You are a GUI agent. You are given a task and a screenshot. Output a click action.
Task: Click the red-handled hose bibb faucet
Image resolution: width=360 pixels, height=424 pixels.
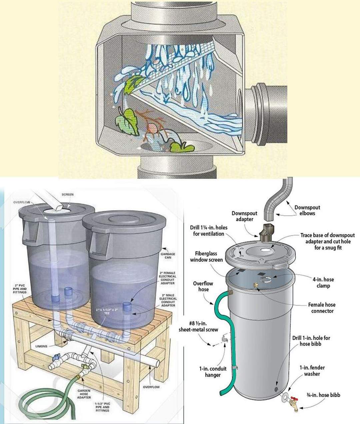(x=294, y=404)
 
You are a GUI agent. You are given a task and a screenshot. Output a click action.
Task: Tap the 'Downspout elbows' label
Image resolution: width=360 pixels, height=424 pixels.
(x=307, y=210)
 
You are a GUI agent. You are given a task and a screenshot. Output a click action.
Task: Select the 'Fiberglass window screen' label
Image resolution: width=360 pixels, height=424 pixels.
(x=206, y=256)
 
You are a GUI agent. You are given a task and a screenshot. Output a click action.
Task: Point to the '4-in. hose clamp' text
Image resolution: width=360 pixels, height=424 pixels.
(x=323, y=282)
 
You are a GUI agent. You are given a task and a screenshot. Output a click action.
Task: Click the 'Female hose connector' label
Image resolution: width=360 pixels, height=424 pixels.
(x=322, y=308)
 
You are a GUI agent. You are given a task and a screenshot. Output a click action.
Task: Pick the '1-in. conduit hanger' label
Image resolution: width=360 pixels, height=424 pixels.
(x=213, y=372)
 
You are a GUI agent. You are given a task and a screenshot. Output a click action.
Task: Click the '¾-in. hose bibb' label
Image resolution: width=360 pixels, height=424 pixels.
(x=323, y=395)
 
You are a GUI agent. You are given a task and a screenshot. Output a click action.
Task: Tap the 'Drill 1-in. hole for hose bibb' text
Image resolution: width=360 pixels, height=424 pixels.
(x=311, y=341)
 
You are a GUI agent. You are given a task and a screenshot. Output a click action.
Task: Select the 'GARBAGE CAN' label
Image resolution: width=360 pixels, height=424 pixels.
(x=168, y=255)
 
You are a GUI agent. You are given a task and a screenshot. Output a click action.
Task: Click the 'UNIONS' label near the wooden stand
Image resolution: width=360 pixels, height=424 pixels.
(x=41, y=346)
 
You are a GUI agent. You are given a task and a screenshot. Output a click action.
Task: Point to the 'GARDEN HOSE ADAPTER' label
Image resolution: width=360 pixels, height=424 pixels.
(x=84, y=394)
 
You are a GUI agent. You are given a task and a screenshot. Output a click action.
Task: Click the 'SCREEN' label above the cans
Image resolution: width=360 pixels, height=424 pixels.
(x=68, y=194)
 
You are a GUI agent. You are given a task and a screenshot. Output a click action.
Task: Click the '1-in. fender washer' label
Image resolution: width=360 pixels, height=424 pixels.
(x=312, y=371)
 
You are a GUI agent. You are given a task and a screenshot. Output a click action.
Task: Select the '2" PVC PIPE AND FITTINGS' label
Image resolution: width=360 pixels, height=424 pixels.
(x=20, y=289)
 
